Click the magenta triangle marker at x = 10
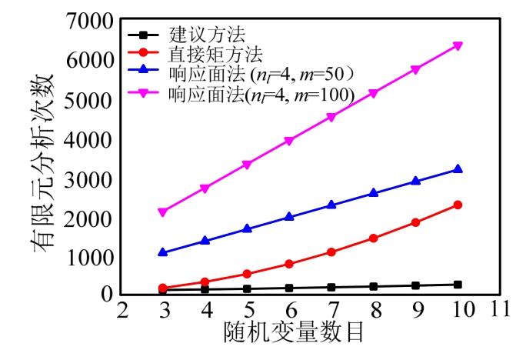pyautogui.click(x=458, y=46)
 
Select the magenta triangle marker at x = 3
pyautogui.click(x=162, y=212)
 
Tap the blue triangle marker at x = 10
pyautogui.click(x=458, y=169)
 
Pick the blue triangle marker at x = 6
pyautogui.click(x=289, y=217)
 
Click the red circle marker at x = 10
pyautogui.click(x=458, y=205)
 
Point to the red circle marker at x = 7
pyautogui.click(x=331, y=252)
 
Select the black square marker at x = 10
pyautogui.click(x=458, y=285)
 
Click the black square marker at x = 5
pyautogui.click(x=247, y=289)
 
